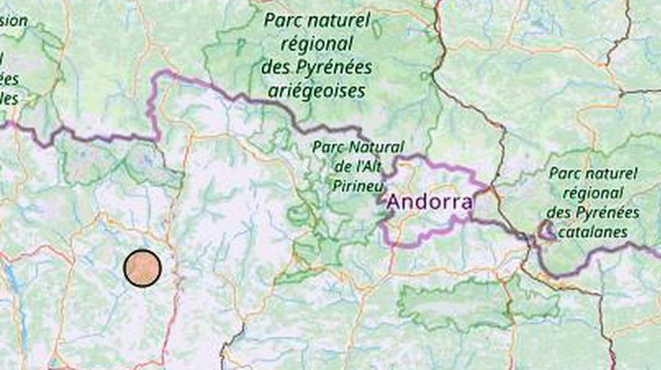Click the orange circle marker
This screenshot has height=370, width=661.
coord(142,267)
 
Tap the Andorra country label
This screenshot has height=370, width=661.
coord(429,202)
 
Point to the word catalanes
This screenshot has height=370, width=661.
coord(593,232)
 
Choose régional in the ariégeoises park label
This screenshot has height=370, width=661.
coord(317,45)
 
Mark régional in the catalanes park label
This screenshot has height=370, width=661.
coord(593,193)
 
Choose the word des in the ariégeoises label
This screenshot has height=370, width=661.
coord(274,67)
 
